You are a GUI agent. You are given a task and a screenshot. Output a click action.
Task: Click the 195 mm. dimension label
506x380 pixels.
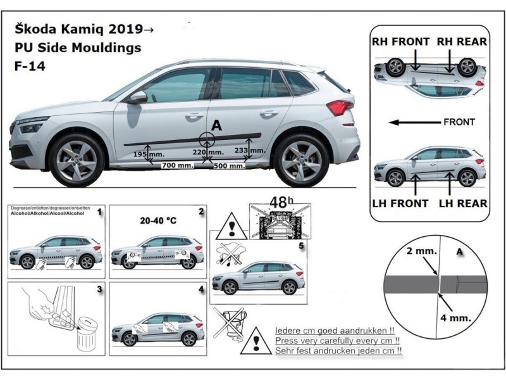(145, 155)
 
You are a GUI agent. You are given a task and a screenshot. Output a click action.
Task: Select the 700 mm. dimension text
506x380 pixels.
(177, 165)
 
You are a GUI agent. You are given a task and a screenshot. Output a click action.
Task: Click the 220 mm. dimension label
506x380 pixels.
(207, 153)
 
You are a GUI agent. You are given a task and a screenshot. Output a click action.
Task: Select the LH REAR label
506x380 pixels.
(462, 203)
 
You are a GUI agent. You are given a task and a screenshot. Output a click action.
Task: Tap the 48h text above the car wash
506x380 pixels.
(278, 203)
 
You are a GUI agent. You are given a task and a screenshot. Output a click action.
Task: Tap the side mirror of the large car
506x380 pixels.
(137, 98)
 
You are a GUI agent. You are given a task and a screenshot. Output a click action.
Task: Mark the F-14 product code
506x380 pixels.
(25, 64)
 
